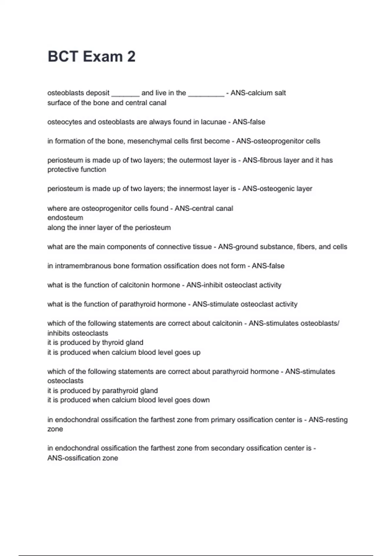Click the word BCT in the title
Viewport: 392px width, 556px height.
[63, 57]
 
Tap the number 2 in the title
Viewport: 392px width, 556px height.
[131, 57]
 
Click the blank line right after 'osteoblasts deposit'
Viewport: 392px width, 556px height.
[125, 95]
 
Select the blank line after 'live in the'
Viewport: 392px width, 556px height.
[206, 95]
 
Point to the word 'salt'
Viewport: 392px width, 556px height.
[280, 93]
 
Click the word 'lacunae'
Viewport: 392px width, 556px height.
[214, 122]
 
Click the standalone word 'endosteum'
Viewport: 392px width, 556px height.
[65, 218]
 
